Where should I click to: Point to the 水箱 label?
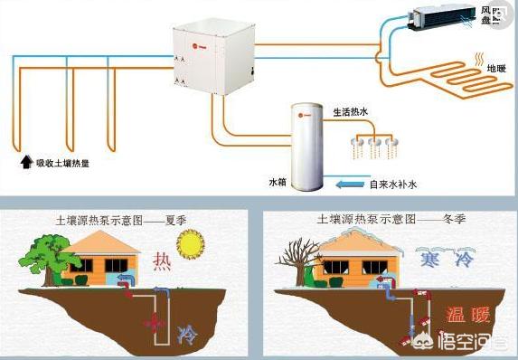(277, 180)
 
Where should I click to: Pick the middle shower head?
(374, 143)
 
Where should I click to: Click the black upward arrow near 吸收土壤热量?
(25, 163)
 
